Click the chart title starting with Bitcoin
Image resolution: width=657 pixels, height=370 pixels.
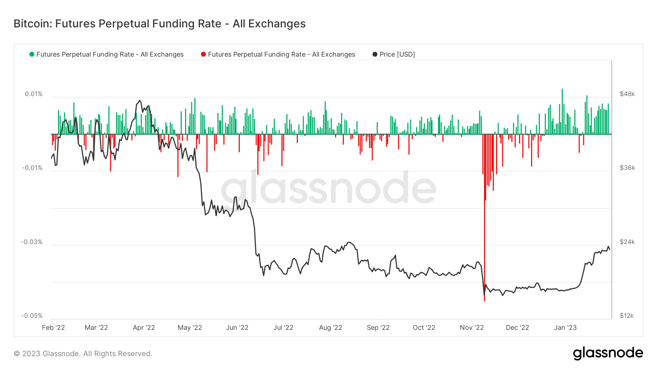tap(160, 24)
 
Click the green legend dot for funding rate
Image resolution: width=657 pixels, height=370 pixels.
tap(32, 54)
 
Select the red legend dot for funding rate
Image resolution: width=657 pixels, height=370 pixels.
tap(203, 54)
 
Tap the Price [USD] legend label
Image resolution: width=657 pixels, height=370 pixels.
tap(397, 54)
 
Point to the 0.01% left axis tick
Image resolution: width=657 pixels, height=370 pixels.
tap(34, 94)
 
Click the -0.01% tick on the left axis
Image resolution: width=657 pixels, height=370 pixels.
tap(32, 168)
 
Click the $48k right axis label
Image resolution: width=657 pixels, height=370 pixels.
tap(627, 94)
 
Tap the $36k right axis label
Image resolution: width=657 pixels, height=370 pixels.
tap(627, 168)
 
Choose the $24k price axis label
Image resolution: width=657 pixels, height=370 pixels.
tap(627, 242)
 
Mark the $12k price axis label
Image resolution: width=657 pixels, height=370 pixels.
tap(627, 316)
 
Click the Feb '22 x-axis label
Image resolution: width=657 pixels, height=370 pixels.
tap(53, 328)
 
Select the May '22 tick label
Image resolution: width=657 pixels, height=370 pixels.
tap(190, 328)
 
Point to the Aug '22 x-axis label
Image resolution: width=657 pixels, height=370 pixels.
tap(330, 328)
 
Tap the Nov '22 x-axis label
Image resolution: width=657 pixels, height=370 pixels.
tap(472, 328)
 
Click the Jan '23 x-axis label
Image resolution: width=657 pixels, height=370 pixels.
tap(565, 328)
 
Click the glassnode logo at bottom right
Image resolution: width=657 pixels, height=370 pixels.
tap(608, 353)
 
